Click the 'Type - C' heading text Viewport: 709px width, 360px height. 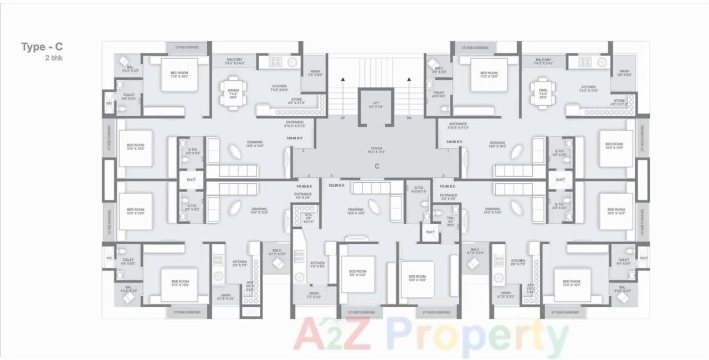click(42, 47)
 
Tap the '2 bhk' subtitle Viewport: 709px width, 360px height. click(54, 58)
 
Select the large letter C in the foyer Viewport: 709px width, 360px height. click(377, 166)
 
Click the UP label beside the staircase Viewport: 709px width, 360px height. click(342, 118)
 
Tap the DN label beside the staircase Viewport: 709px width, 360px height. click(409, 118)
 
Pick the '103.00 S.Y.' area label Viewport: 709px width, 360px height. click(336, 186)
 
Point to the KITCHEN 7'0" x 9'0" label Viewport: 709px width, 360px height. click(317, 265)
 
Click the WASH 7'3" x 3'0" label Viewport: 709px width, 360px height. click(314, 295)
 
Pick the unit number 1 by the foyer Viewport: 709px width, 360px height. click(448, 151)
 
